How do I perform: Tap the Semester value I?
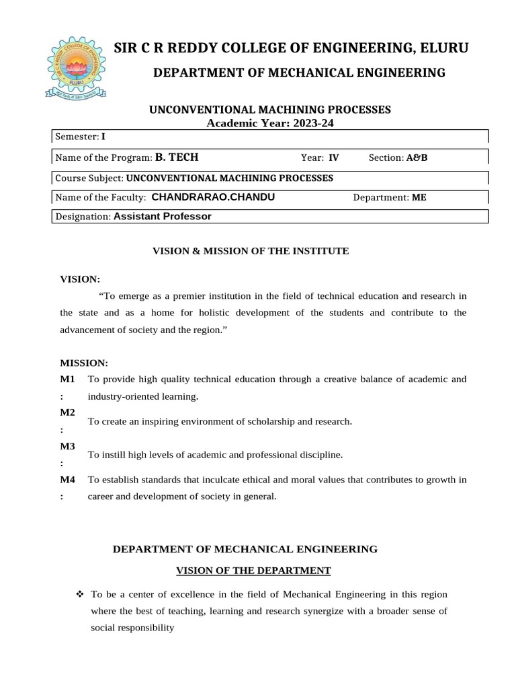[103, 136]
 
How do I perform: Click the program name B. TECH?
[177, 157]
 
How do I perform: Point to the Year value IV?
[333, 158]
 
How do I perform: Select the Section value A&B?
[417, 158]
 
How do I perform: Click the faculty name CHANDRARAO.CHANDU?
[213, 197]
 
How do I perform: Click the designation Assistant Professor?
[163, 217]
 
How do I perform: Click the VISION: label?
[81, 279]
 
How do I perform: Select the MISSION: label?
[84, 363]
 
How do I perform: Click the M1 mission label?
[67, 379]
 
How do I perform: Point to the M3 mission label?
[67, 446]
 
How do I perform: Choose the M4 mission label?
[67, 480]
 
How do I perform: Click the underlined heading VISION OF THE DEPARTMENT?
[253, 571]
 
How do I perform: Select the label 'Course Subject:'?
[89, 178]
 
